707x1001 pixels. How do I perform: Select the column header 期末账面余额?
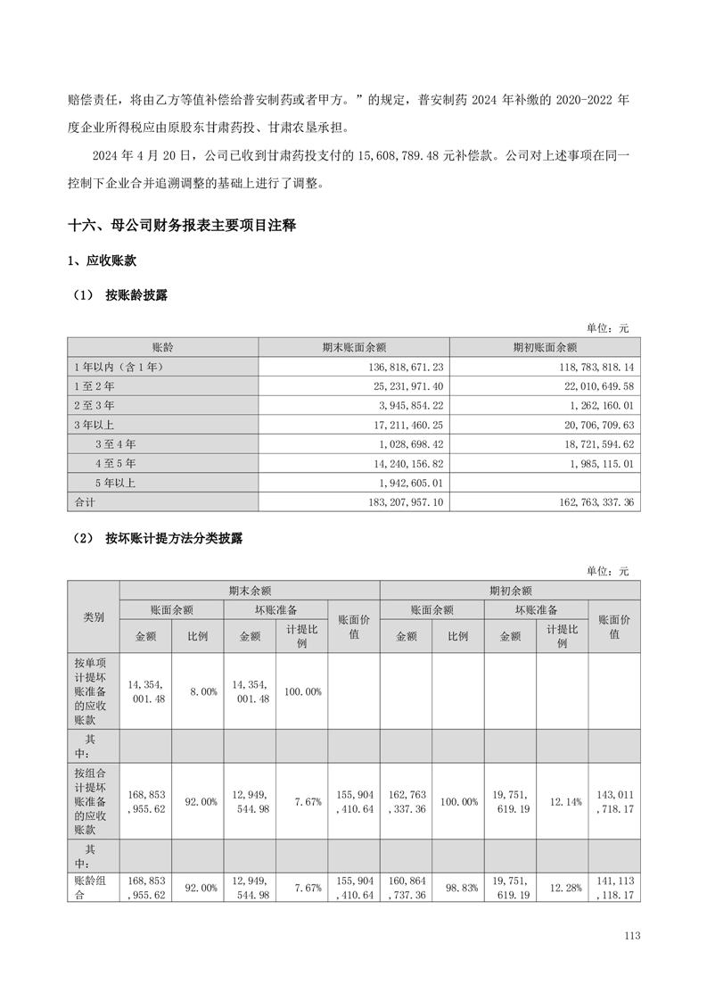click(x=354, y=347)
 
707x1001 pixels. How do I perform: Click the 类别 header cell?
click(x=94, y=616)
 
